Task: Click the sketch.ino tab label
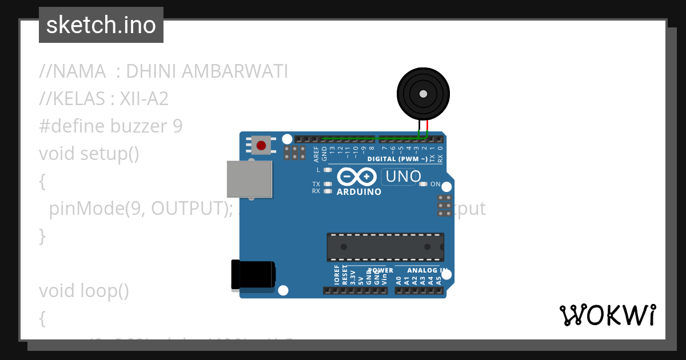[101, 25]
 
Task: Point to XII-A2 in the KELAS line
[144, 99]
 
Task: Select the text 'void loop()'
[84, 291]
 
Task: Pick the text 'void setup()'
[89, 154]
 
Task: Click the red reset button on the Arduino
[261, 145]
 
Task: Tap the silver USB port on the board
[249, 179]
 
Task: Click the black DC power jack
[252, 274]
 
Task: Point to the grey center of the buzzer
[423, 94]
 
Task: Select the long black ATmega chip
[385, 247]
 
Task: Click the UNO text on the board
[404, 177]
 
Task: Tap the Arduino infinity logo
[357, 177]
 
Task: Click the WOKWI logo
[608, 315]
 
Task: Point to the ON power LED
[424, 184]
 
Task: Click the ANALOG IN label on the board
[427, 270]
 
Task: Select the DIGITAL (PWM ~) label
[397, 159]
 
